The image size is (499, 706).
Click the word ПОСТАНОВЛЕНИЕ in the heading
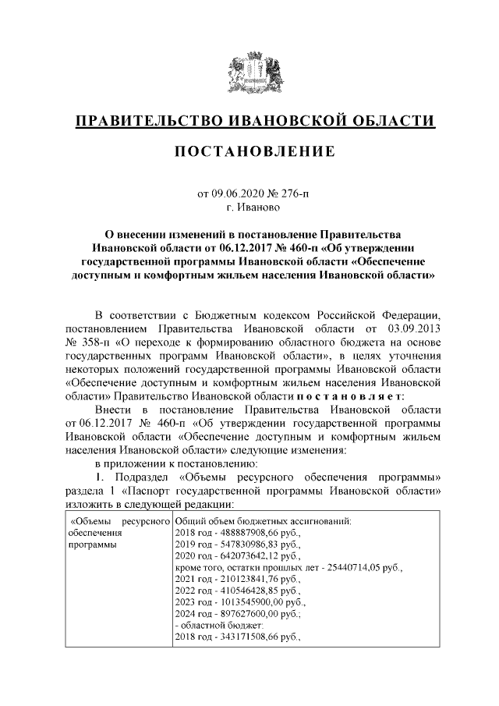[x=249, y=150]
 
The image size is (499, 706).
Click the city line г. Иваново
[x=249, y=208]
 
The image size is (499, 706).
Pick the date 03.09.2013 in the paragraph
[x=412, y=328]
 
